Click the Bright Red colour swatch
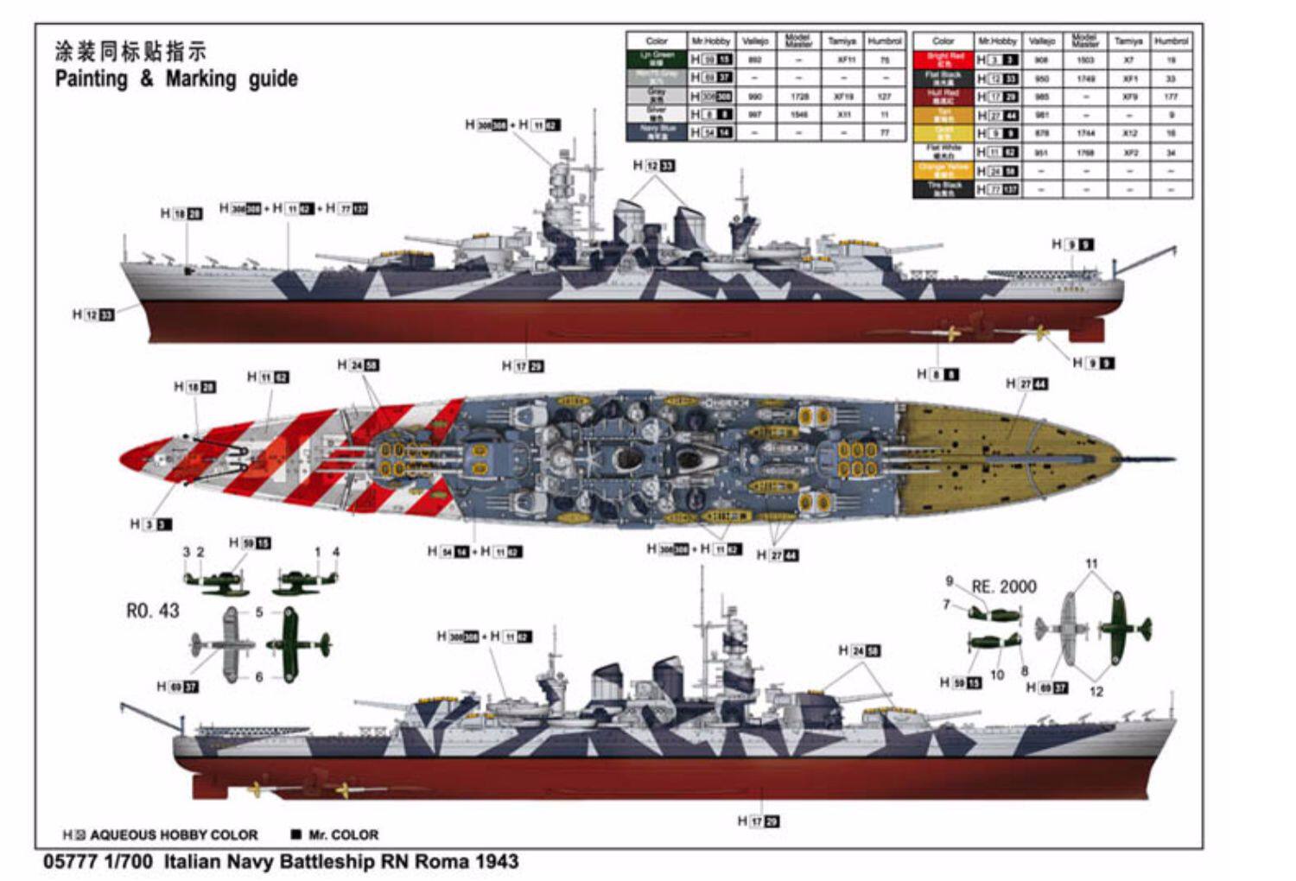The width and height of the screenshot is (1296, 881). pyautogui.click(x=943, y=60)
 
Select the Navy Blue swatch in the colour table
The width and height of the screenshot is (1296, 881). pyautogui.click(x=657, y=132)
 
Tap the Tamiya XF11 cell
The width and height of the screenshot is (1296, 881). pyautogui.click(x=842, y=60)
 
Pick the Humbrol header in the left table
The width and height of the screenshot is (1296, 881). pyautogui.click(x=884, y=41)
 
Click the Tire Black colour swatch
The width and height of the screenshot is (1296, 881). pyautogui.click(x=943, y=188)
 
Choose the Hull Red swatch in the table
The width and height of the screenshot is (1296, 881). pyautogui.click(x=943, y=96)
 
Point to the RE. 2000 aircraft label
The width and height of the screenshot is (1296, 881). pyautogui.click(x=1003, y=587)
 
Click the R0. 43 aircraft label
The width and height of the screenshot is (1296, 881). pyautogui.click(x=152, y=611)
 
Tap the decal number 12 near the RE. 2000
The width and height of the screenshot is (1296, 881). pyautogui.click(x=1096, y=691)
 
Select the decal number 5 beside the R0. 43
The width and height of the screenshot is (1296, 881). pyautogui.click(x=259, y=612)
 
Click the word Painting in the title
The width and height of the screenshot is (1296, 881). pyautogui.click(x=91, y=79)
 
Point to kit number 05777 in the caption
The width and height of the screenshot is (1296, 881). pyautogui.click(x=68, y=861)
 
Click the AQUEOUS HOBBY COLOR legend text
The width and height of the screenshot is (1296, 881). pyautogui.click(x=173, y=835)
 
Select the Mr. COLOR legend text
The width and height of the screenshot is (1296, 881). pyautogui.click(x=343, y=835)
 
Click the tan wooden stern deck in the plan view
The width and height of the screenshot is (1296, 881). pyautogui.click(x=1002, y=456)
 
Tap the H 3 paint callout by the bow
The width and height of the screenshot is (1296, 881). pyautogui.click(x=150, y=524)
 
